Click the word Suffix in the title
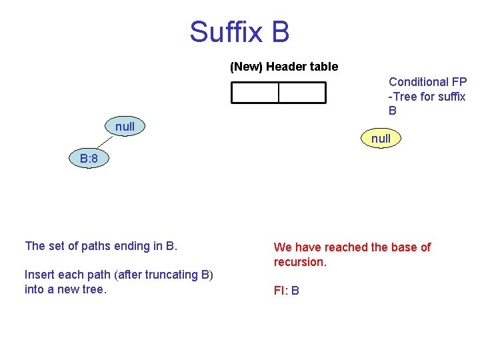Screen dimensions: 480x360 click(x=224, y=32)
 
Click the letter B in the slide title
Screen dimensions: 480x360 click(x=280, y=32)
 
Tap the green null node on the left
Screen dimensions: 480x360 click(x=125, y=127)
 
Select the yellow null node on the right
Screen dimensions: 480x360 click(x=381, y=139)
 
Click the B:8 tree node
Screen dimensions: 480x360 click(x=89, y=159)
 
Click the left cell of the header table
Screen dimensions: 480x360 click(x=255, y=93)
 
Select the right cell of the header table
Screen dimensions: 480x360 click(x=302, y=93)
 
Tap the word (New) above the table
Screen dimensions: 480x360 click(x=247, y=67)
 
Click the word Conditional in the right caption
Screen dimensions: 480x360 click(x=419, y=82)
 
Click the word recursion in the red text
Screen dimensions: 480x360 click(x=299, y=262)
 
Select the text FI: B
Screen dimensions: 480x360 click(x=286, y=291)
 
